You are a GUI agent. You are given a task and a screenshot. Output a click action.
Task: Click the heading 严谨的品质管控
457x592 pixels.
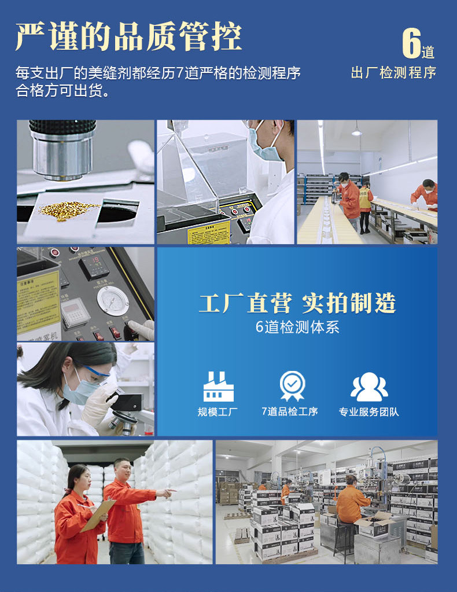tap(128, 38)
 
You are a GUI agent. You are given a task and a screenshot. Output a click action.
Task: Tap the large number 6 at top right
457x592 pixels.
tap(411, 44)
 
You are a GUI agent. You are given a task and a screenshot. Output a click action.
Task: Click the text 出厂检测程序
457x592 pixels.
tap(393, 73)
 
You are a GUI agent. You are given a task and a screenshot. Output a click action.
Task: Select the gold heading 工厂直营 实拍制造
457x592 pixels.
tap(297, 303)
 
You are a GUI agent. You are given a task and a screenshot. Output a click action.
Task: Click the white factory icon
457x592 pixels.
tap(218, 387)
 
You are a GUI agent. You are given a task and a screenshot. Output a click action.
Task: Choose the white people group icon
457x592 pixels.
tap(369, 387)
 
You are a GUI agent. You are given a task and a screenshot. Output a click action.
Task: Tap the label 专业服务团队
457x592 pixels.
tap(369, 412)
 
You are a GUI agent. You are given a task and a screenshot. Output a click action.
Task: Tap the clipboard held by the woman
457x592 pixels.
tap(98, 515)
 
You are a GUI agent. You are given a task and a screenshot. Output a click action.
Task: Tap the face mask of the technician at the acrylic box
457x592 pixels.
tap(265, 150)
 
